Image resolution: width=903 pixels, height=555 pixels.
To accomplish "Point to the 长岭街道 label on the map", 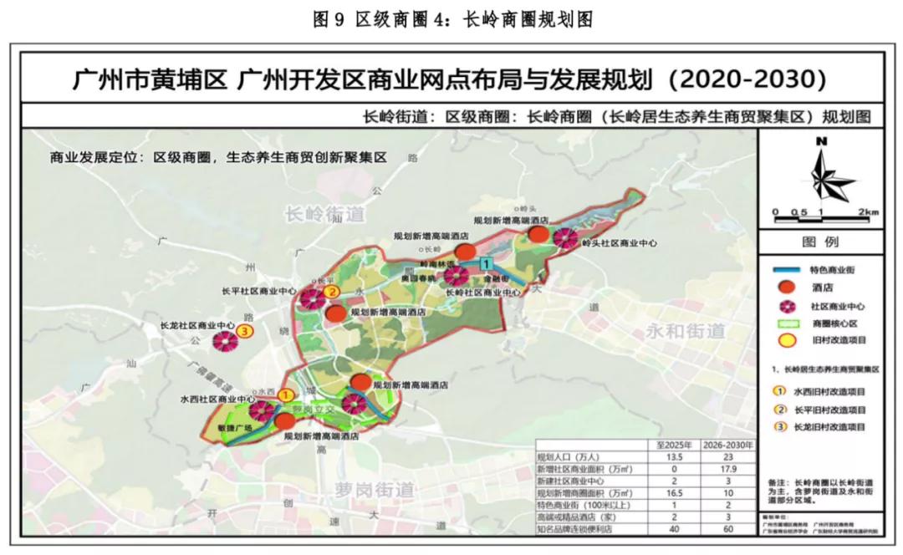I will coord(325,215).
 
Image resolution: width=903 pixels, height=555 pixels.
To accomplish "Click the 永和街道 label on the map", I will coord(685,331).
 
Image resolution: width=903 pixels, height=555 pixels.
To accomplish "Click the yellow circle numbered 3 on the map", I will coord(244,331).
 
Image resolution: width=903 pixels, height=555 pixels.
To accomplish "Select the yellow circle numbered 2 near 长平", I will coord(331,292).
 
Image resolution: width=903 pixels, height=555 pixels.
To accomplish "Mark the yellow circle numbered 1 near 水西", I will coord(286,394).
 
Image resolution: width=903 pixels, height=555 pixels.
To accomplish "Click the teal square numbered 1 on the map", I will coord(486,264).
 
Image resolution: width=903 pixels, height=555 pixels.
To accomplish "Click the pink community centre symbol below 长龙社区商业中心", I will coord(224,341).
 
